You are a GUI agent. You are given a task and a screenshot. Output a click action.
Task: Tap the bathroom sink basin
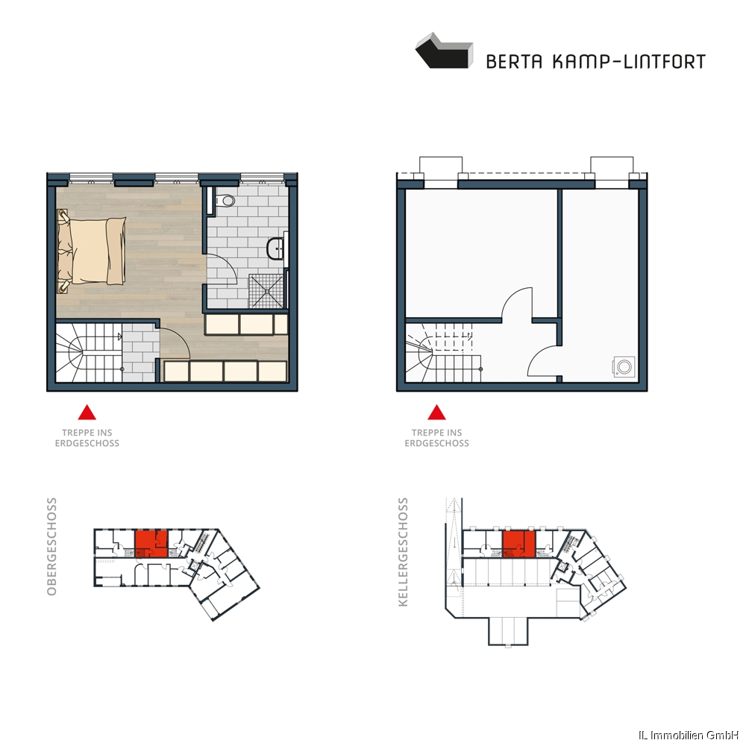pyautogui.click(x=275, y=248)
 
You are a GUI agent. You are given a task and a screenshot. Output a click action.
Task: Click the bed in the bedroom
pyautogui.click(x=92, y=251)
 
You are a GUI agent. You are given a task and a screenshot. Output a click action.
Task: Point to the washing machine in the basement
pyautogui.click(x=624, y=367)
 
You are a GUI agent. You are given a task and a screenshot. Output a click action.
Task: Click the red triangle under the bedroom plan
pyautogui.click(x=87, y=413)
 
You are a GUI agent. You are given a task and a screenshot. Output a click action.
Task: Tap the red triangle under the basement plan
pyautogui.click(x=436, y=413)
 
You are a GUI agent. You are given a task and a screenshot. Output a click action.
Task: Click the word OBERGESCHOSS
pyautogui.click(x=51, y=546)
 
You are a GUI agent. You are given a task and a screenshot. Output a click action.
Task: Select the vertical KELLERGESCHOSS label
pyautogui.click(x=403, y=552)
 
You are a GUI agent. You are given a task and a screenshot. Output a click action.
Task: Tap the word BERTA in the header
pyautogui.click(x=514, y=62)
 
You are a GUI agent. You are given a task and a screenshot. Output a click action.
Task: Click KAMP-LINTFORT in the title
pyautogui.click(x=629, y=62)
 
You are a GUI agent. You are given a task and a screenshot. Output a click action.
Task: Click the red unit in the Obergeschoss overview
pyautogui.click(x=151, y=544)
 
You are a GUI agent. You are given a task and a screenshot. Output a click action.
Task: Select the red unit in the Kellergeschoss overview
pyautogui.click(x=519, y=544)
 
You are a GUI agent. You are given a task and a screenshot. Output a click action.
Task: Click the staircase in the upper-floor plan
pyautogui.click(x=89, y=353)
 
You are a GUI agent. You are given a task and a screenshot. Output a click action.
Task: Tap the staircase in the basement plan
pyautogui.click(x=443, y=353)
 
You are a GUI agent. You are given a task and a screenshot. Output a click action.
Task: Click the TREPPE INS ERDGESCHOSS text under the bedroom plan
pyautogui.click(x=87, y=438)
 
